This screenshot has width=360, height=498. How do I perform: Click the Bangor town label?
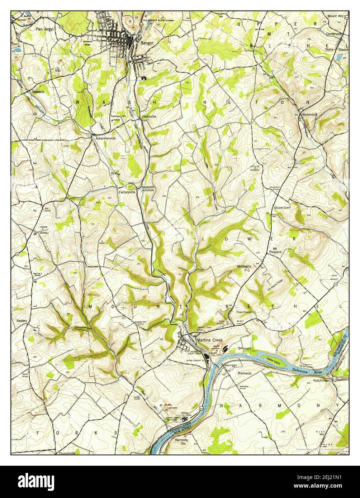click(x=147, y=43)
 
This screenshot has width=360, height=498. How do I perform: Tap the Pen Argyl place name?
click(x=44, y=29)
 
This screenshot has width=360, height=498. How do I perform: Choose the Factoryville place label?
click(x=127, y=192)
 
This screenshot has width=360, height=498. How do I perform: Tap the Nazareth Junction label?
click(x=148, y=188)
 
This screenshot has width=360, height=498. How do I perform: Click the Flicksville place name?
click(x=149, y=116)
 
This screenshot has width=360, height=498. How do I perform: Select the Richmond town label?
click(x=309, y=114)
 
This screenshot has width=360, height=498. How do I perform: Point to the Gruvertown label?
click(x=282, y=208)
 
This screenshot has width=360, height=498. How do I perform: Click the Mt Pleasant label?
click(x=275, y=250)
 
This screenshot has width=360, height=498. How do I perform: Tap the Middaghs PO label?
click(x=245, y=268)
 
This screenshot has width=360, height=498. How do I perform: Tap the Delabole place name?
click(x=38, y=92)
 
